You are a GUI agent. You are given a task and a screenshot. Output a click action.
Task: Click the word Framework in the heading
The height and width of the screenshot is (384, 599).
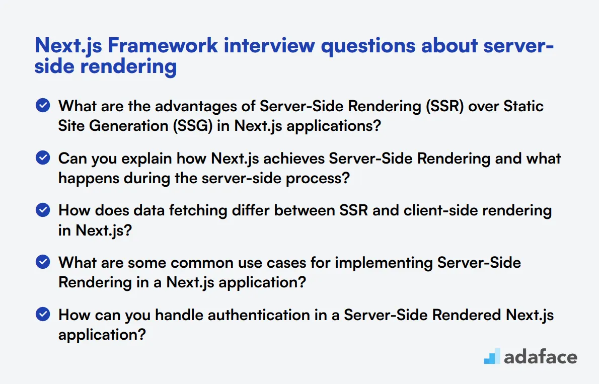tap(163, 45)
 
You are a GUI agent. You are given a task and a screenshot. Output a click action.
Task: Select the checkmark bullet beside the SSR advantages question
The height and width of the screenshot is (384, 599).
tap(43, 106)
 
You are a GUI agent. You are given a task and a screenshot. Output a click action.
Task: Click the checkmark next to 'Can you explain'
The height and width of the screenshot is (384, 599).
tap(43, 158)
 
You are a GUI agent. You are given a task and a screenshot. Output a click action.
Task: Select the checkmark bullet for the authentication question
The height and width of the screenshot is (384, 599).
tap(43, 315)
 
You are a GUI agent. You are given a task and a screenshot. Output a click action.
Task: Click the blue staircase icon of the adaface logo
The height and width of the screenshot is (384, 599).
tap(492, 356)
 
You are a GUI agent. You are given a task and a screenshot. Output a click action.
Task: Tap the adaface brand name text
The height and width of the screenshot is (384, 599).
tap(540, 356)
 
